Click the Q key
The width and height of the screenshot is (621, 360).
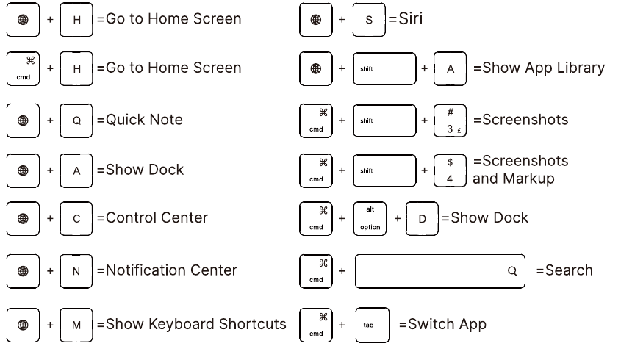coord(76,120)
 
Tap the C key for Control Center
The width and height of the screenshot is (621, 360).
coord(76,218)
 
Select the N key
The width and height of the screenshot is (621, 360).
coord(76,271)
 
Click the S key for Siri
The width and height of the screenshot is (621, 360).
coord(370,20)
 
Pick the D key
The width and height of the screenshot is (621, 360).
coord(423,219)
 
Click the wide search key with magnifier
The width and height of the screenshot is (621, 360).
coord(439,271)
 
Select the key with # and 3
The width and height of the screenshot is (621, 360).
coord(450,120)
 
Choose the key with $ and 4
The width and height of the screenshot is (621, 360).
coord(450,170)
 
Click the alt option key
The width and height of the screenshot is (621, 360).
coord(370,219)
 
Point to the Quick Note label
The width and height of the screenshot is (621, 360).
coord(144,120)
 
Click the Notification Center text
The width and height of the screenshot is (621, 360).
coord(171,270)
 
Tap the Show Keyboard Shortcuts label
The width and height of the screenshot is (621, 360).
coord(195,324)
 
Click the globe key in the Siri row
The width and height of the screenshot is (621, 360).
coord(317,20)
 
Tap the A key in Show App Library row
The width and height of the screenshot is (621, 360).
coord(450,68)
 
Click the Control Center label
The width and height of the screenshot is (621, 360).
coord(157,217)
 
